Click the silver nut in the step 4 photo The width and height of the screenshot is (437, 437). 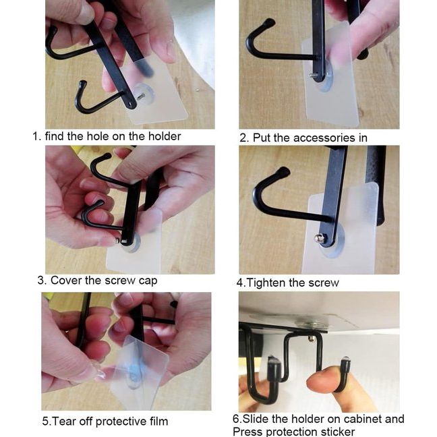click(318, 238)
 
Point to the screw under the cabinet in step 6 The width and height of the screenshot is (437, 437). click(311, 339)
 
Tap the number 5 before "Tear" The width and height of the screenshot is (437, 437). click(45, 421)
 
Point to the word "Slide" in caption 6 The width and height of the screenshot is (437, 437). click(256, 419)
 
